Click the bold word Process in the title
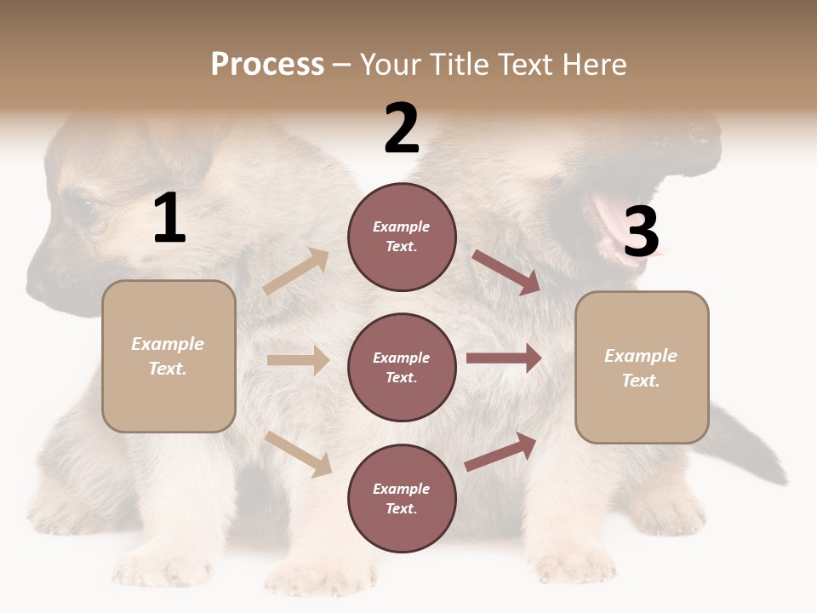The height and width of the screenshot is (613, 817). [267, 65]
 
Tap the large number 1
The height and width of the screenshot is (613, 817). [169, 219]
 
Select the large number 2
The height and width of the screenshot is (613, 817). [402, 129]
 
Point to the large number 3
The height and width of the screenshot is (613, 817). [641, 232]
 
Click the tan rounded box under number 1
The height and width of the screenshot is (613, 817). [169, 356]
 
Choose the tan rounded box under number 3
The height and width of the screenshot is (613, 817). [642, 368]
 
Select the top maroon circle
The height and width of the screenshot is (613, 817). [402, 237]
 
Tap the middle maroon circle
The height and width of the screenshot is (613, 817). [402, 368]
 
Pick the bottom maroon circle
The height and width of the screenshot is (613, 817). [402, 499]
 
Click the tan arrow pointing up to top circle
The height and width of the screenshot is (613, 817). [296, 272]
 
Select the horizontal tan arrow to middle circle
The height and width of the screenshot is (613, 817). [298, 360]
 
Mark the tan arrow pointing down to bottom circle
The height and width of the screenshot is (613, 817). [299, 454]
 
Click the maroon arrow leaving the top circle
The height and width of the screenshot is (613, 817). [506, 272]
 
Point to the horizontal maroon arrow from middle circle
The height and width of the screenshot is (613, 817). [504, 358]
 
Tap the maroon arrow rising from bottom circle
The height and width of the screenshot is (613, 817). [500, 451]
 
